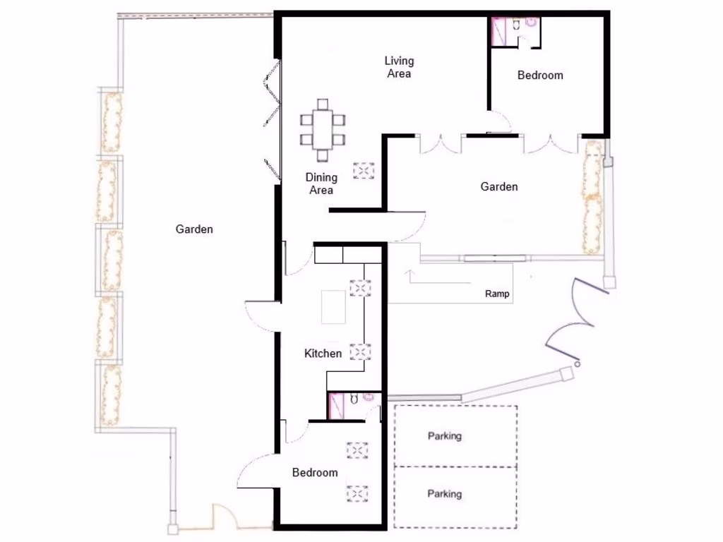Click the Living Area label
click(x=399, y=67)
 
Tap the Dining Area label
click(x=321, y=183)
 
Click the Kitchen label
click(x=323, y=354)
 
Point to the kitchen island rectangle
click(x=333, y=307)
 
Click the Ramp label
click(x=497, y=294)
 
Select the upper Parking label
click(x=445, y=436)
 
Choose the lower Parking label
click(x=445, y=494)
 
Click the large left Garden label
click(x=194, y=229)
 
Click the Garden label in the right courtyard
click(x=499, y=187)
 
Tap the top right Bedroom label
click(x=540, y=76)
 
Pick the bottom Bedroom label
click(x=315, y=473)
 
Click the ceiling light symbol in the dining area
click(x=364, y=171)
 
